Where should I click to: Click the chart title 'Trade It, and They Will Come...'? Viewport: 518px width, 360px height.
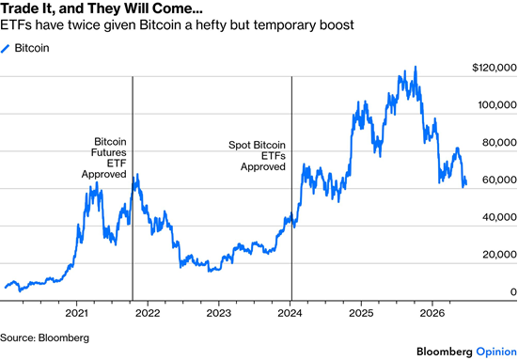click(x=102, y=8)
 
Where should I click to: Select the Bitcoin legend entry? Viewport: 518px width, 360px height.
click(x=25, y=48)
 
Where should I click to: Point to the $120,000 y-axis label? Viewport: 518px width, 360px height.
click(x=494, y=68)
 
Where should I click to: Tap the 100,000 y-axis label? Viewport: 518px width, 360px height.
click(x=497, y=105)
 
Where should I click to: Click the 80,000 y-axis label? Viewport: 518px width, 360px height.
click(x=499, y=142)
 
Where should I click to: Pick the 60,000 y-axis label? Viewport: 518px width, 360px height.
click(x=499, y=180)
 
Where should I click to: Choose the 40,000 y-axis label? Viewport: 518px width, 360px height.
click(x=499, y=217)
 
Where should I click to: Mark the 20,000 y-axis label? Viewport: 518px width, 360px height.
click(x=499, y=255)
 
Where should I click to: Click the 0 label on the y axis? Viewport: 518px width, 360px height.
click(x=513, y=291)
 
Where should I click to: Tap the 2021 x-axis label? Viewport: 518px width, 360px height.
click(x=77, y=313)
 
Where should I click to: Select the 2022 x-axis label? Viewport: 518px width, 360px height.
click(x=148, y=313)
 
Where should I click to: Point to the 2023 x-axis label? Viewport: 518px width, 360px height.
click(x=219, y=313)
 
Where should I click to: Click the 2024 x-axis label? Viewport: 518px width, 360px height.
click(x=290, y=313)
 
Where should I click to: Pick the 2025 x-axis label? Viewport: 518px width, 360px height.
click(x=361, y=313)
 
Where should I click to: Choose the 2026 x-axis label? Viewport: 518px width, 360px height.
click(x=432, y=313)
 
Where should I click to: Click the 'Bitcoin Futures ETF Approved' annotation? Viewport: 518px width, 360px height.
click(x=104, y=158)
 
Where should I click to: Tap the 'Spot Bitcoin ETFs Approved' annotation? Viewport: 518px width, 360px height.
click(x=257, y=156)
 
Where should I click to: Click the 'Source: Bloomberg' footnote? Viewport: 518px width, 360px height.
click(x=44, y=337)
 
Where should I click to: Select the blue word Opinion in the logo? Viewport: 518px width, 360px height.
click(x=496, y=352)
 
